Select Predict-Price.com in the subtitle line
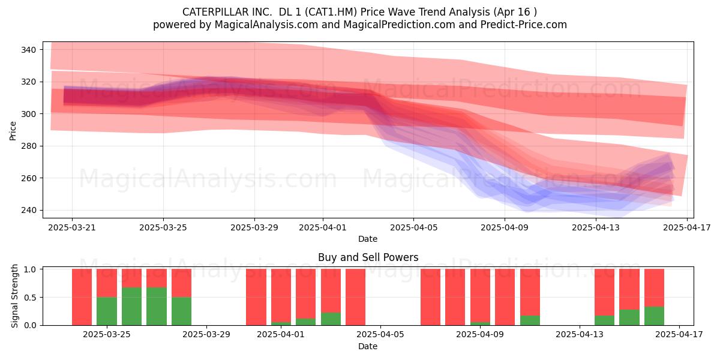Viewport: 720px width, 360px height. tap(524, 25)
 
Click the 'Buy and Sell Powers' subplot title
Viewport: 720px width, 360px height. tap(368, 257)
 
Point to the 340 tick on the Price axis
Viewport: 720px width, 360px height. tap(28, 50)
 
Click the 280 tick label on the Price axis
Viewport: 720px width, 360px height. tap(28, 146)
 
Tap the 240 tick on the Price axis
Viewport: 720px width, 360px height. tap(28, 210)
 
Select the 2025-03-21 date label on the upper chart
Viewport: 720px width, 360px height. tap(72, 227)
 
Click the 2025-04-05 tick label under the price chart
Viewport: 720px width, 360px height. tap(413, 227)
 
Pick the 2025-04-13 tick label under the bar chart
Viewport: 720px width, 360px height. tap(580, 335)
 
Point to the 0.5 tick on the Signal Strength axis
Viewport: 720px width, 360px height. tap(31, 298)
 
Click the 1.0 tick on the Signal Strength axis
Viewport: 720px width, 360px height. tap(31, 269)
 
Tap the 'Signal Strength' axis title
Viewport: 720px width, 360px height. tap(14, 296)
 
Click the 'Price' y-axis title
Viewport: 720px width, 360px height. tap(13, 131)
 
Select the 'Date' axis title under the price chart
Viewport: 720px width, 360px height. tap(368, 239)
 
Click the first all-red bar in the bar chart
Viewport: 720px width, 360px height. tap(82, 298)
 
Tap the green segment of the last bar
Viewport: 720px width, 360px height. tap(654, 316)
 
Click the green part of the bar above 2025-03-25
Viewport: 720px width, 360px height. tap(107, 311)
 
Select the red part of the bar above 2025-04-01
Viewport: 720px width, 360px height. tap(281, 296)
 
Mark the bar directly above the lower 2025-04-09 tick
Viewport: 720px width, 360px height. tap(480, 298)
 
